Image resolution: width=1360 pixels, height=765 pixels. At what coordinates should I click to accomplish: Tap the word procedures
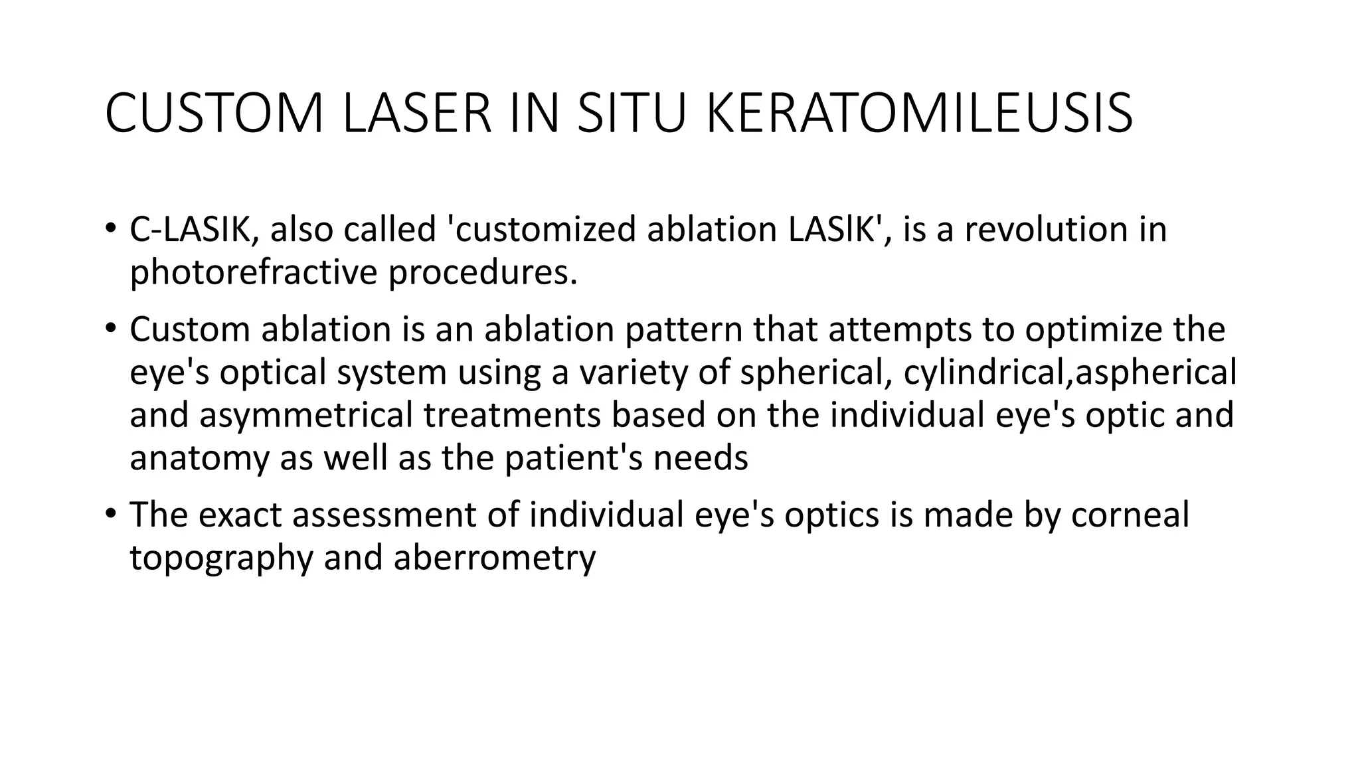pos(483,273)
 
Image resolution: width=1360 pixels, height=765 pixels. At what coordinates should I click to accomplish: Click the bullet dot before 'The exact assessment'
pos(110,513)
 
